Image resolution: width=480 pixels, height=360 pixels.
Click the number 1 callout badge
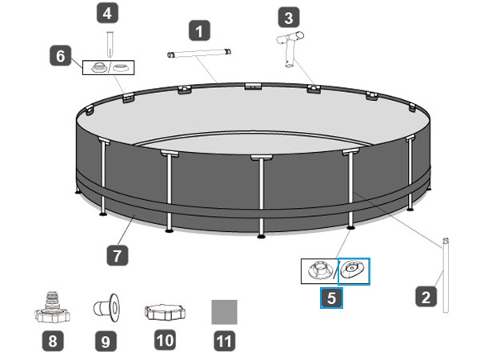point(199,30)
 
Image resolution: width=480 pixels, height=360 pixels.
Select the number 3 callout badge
point(289,17)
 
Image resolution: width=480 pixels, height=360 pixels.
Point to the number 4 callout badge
point(107,13)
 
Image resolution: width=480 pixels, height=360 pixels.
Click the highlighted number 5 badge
point(331,298)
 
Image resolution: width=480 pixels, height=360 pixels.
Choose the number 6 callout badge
point(61,55)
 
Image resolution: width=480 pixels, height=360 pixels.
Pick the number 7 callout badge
point(118,255)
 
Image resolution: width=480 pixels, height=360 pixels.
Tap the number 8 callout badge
point(53,341)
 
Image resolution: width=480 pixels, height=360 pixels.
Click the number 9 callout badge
point(106,341)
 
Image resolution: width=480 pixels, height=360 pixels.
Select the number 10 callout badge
point(166,340)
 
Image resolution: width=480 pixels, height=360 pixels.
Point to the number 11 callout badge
point(224,341)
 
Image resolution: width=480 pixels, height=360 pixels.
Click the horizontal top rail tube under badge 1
point(199,53)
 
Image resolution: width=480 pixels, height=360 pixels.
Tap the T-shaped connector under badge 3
point(290,48)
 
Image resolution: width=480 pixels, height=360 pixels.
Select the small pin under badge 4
point(110,44)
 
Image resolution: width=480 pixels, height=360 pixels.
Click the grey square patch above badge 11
point(224,312)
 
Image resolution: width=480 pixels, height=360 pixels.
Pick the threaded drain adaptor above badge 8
point(52,308)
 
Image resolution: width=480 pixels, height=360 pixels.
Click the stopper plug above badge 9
point(106,308)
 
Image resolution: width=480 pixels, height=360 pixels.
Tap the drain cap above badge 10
point(165,312)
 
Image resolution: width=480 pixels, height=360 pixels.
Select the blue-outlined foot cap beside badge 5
point(354,271)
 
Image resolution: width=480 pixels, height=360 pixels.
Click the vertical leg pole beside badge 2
point(446,275)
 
